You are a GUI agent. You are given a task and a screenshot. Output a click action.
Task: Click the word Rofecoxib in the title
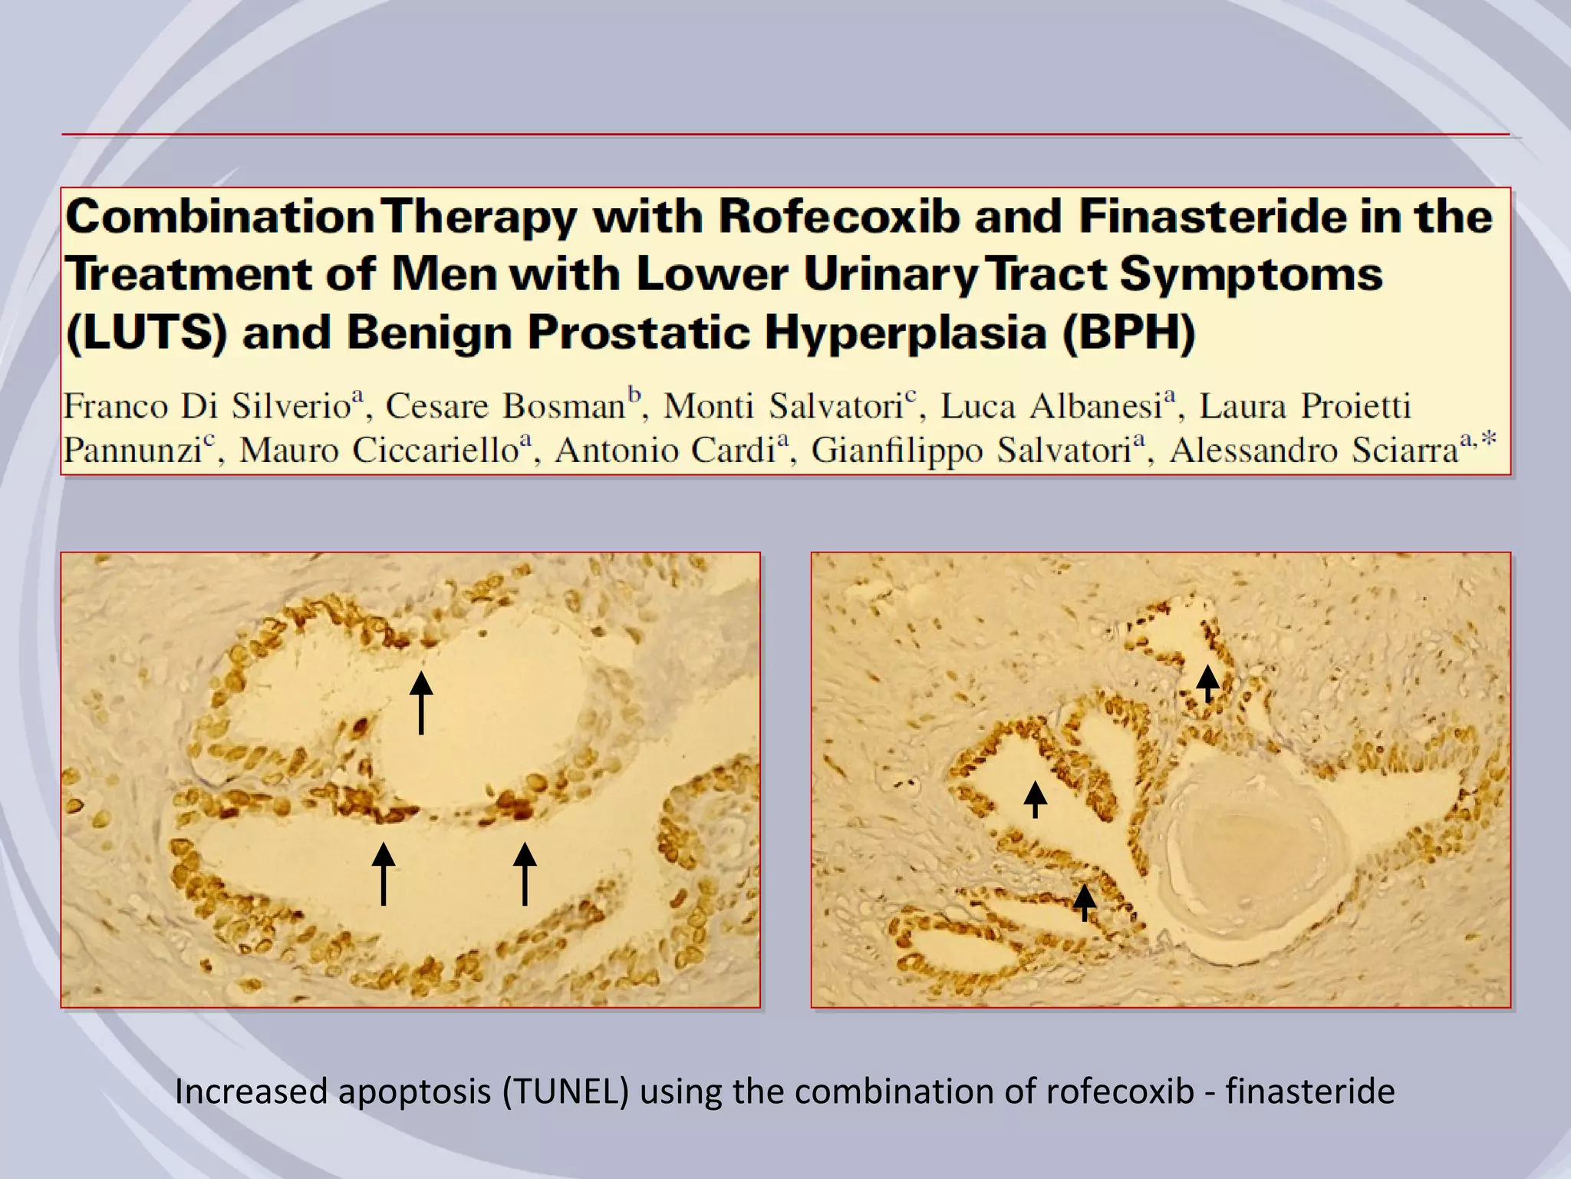[838, 216]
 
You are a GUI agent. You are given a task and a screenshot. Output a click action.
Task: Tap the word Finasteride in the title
[1212, 216]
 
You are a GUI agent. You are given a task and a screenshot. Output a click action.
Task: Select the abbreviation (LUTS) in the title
[146, 333]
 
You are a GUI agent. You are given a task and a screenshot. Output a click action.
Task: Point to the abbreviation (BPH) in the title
[1128, 333]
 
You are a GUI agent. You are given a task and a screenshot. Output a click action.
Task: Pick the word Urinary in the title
[890, 274]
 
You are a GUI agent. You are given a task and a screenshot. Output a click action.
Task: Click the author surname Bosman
[564, 406]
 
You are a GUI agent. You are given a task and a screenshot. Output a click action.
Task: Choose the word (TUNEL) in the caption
[565, 1091]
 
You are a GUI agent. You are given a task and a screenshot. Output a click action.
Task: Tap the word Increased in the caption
[251, 1091]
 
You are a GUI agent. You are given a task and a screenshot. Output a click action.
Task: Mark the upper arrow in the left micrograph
[421, 702]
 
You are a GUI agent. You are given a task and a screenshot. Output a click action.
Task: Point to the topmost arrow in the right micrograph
[1207, 683]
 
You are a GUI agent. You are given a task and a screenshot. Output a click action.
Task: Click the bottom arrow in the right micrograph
[1084, 902]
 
